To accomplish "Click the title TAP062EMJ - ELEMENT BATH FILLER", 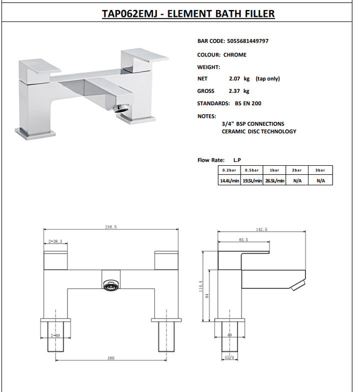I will (x=188, y=13).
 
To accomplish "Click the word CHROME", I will (x=234, y=55).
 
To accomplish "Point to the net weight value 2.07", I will (x=234, y=79).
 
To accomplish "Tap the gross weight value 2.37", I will (x=234, y=91).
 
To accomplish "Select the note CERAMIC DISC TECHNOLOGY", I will (x=258, y=131).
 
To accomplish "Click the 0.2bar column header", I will (x=230, y=170).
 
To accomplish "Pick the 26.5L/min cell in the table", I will (x=274, y=181).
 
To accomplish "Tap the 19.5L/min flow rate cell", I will (x=252, y=181).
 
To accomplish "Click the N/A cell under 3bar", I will (x=320, y=181).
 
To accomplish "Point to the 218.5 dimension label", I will (x=110, y=227).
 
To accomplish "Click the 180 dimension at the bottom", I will (x=110, y=358).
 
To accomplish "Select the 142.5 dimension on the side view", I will (x=261, y=229).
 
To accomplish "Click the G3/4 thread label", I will (x=229, y=358).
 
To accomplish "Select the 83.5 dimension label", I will (x=243, y=240).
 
